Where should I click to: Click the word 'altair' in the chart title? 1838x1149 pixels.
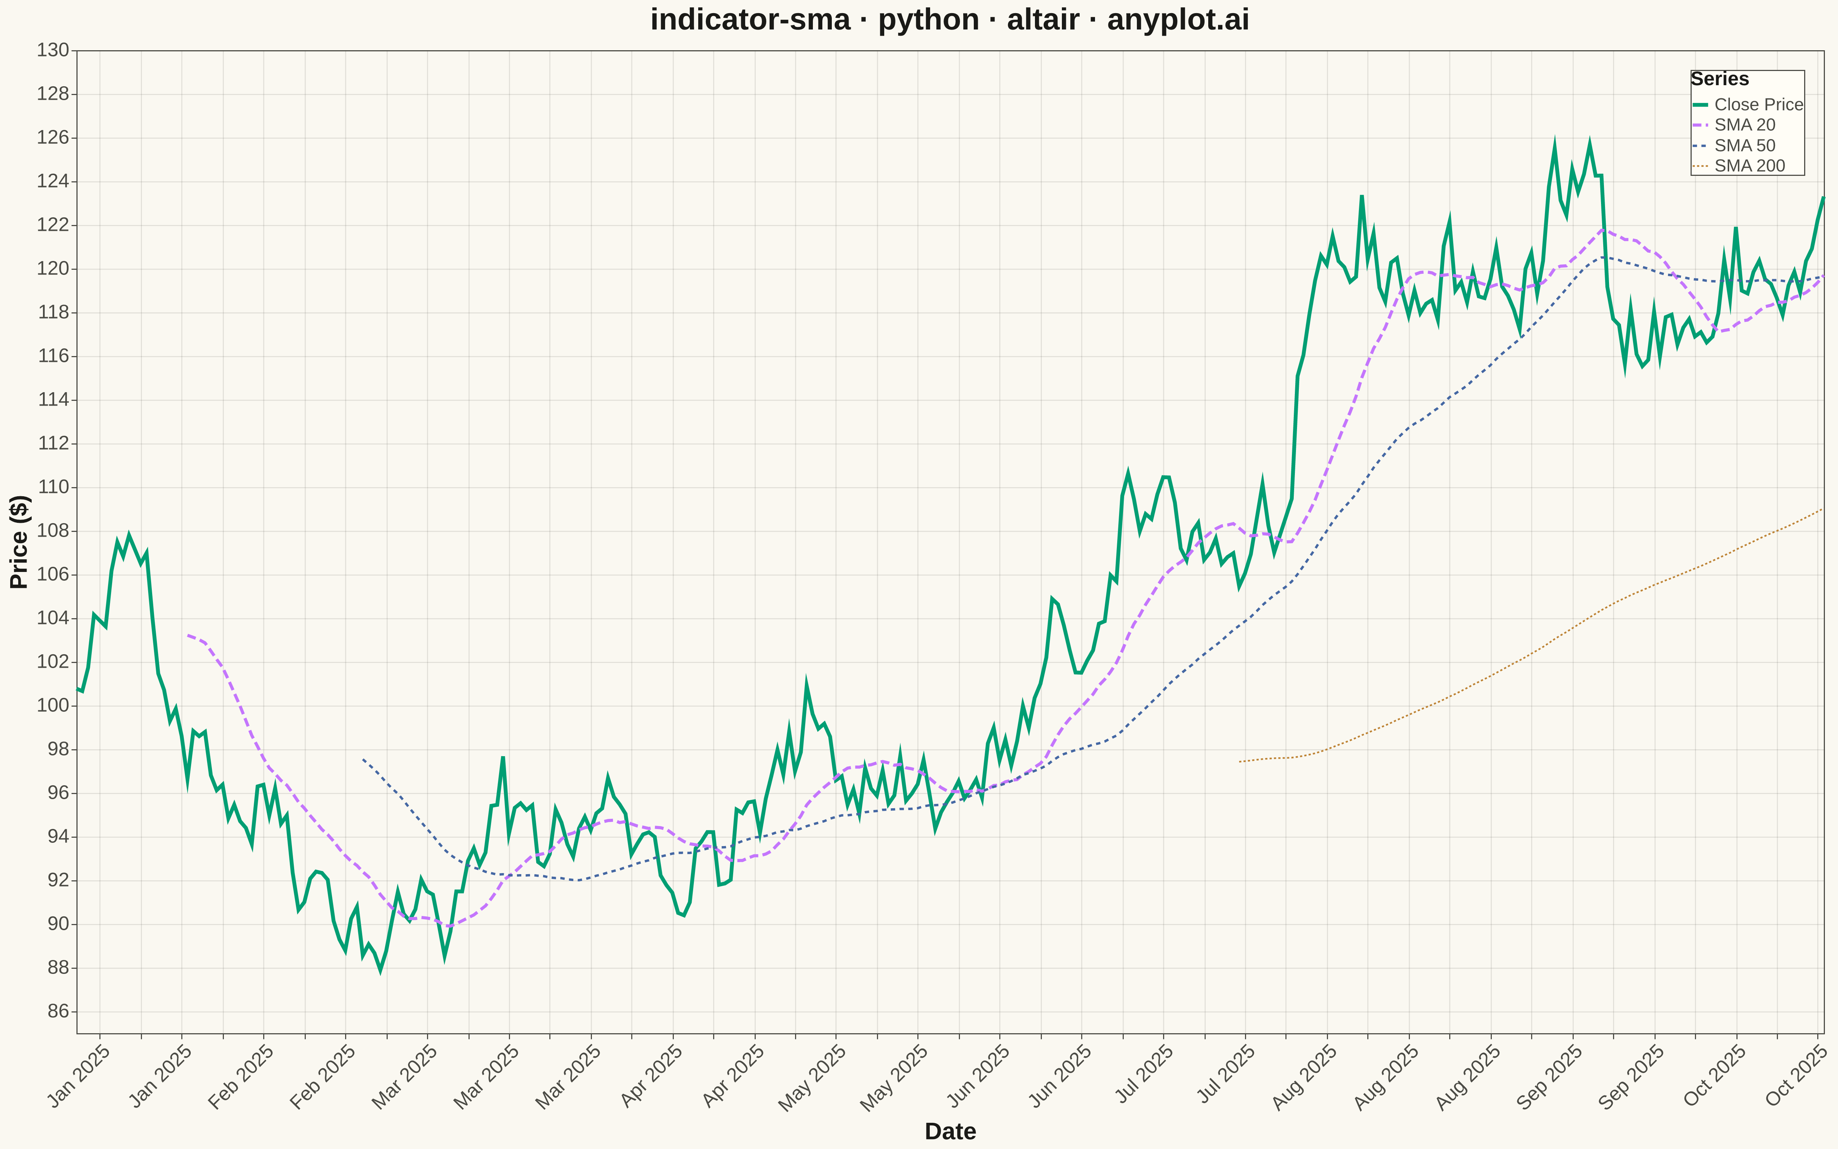coord(1043,20)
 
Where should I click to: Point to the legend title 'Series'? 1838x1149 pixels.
coord(1719,79)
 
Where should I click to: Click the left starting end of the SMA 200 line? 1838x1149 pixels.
coord(1239,761)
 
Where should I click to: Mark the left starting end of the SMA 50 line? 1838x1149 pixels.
coord(363,758)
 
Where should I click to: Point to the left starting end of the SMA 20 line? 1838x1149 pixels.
coord(187,635)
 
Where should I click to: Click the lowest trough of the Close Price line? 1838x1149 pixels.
coord(381,970)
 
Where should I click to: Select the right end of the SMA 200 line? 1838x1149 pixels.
coord(1823,509)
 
